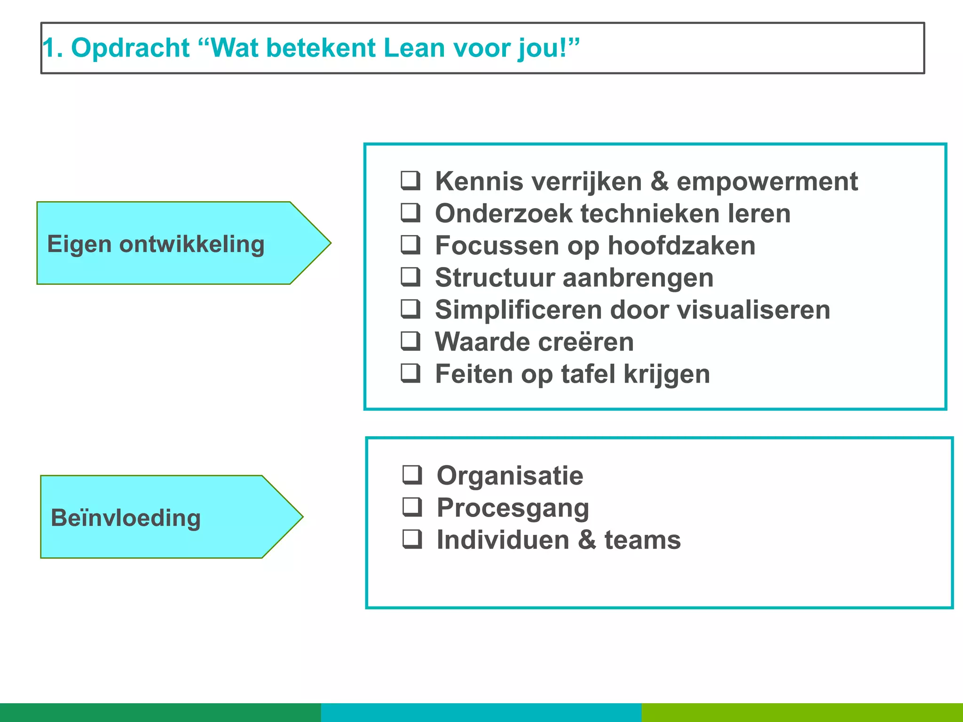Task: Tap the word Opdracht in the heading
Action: click(130, 48)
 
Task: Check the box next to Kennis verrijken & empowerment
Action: click(410, 180)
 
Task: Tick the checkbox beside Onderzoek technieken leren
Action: click(410, 212)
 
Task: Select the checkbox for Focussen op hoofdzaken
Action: click(410, 245)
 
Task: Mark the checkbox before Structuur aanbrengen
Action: click(410, 277)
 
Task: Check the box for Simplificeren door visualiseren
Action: click(410, 309)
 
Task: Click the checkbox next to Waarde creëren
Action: click(410, 341)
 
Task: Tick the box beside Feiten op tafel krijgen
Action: click(410, 373)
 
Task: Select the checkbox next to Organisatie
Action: click(412, 475)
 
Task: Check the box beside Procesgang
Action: click(412, 507)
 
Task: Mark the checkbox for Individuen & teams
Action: click(412, 539)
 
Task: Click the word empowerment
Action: click(767, 181)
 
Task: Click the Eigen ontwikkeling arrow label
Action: click(156, 244)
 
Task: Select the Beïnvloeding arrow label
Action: click(126, 518)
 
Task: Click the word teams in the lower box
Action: click(642, 540)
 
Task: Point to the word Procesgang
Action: click(513, 508)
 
